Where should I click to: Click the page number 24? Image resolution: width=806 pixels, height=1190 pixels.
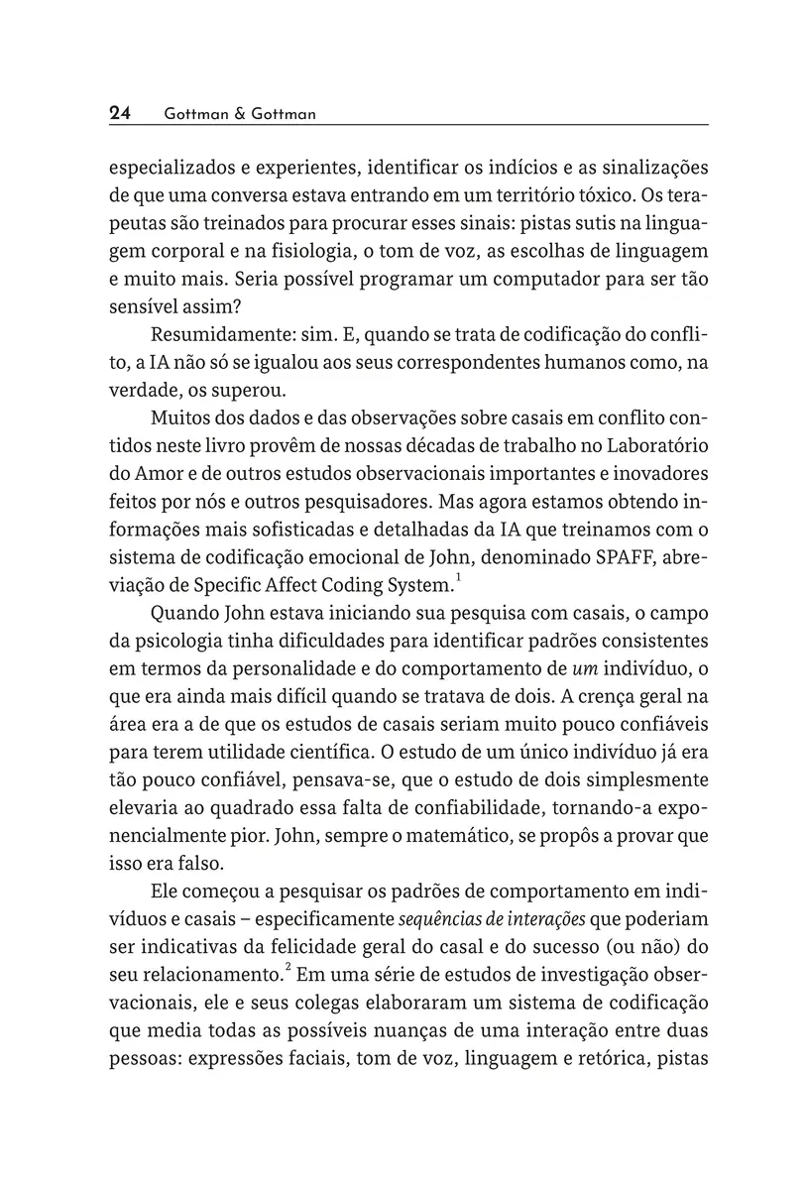(120, 113)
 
